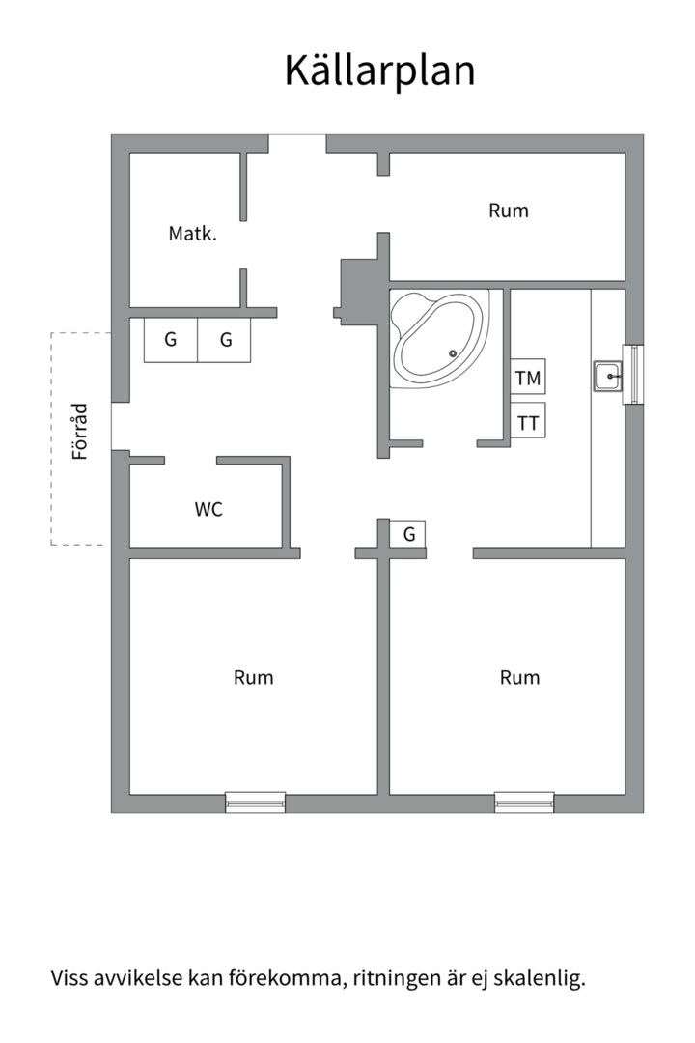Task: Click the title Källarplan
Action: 379,71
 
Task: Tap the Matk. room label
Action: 191,233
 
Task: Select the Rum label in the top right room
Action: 509,211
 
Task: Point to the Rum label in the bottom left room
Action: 253,678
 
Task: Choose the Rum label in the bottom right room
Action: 519,678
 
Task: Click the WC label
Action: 208,509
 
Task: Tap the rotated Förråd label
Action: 81,431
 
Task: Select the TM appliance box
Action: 528,378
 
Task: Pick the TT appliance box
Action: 528,422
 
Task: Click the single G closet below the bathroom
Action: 408,533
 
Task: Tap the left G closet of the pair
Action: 171,340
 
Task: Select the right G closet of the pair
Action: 226,340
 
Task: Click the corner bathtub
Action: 437,337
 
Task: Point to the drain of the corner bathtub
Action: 452,352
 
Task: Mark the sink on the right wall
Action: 609,376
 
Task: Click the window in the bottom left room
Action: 256,802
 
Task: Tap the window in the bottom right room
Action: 524,802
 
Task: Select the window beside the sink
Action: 634,374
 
